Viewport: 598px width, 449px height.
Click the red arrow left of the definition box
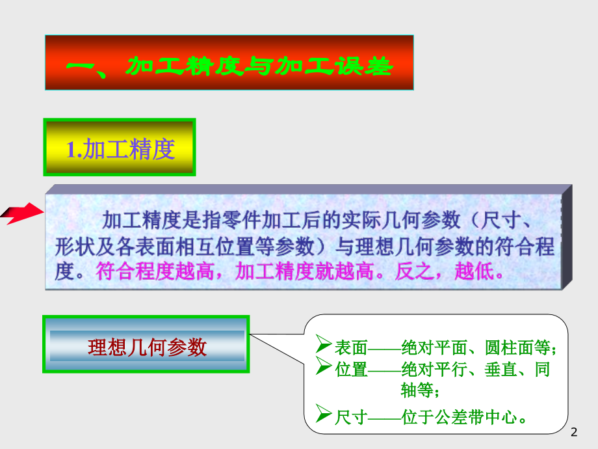[19, 213]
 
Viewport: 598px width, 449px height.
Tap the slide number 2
[573, 433]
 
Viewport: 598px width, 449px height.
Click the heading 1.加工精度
[120, 149]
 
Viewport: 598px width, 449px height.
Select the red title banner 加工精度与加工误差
[229, 64]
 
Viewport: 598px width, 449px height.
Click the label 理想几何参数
[147, 347]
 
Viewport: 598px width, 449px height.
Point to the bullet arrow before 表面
[323, 342]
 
